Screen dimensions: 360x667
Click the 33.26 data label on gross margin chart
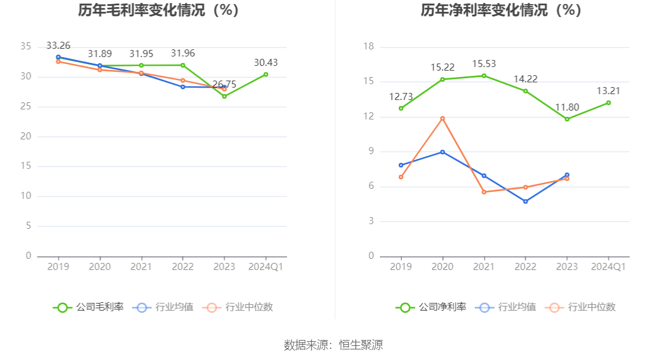point(58,45)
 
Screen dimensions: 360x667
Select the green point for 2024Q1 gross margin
point(266,75)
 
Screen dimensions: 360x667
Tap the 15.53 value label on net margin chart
point(483,64)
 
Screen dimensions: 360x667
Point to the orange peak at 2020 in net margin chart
point(442,118)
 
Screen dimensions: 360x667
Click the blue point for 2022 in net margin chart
point(525,201)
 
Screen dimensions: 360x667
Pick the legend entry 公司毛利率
point(88,307)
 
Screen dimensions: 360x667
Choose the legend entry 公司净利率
point(431,307)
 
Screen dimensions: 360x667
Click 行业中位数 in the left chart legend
point(238,307)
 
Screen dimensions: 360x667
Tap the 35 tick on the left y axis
point(25,46)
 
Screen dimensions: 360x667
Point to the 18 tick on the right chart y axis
point(368,46)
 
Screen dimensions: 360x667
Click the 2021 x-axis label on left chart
point(141,267)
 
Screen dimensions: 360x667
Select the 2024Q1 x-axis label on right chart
point(608,267)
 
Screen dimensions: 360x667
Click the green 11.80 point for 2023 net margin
point(567,119)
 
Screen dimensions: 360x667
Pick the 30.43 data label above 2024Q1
point(266,62)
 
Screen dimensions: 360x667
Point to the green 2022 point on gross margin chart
point(183,65)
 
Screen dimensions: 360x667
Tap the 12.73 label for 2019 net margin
point(401,96)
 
